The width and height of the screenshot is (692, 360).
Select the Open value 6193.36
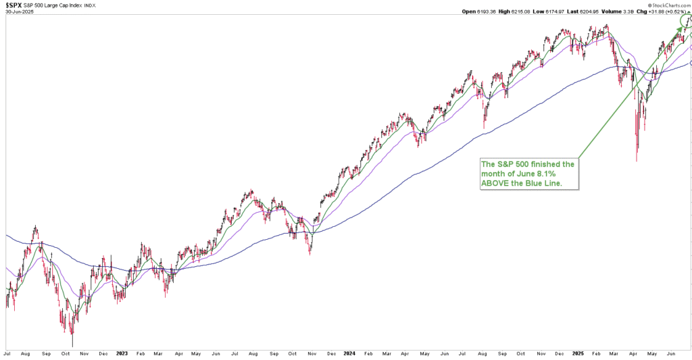tap(486, 11)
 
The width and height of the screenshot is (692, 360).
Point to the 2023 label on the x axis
tap(122, 353)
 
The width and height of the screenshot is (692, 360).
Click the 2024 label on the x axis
tap(350, 353)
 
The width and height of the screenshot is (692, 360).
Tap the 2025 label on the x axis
tap(578, 353)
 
